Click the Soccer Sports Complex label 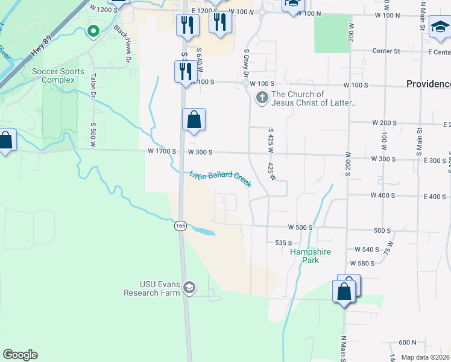58,75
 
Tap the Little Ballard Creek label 221,179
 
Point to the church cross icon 262,97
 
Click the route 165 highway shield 180,226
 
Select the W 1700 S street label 162,152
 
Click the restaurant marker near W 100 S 183,71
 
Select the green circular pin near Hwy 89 93,30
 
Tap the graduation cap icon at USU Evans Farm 189,288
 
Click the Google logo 20,355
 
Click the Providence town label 428,84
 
